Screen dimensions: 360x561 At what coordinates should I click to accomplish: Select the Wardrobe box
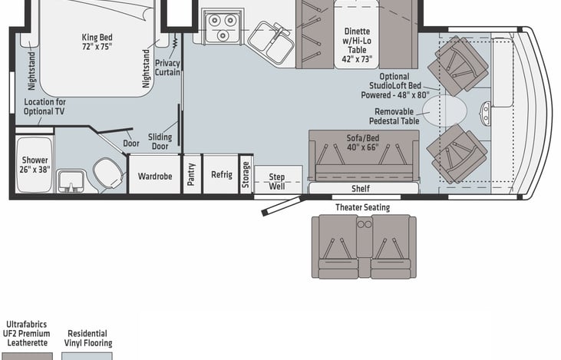point(154,175)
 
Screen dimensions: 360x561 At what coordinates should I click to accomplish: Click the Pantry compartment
point(192,175)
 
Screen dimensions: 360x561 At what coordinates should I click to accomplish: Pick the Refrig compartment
point(221,175)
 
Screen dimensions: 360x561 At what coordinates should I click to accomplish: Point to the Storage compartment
point(246,174)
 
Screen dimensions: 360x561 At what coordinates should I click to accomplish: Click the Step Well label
point(276,181)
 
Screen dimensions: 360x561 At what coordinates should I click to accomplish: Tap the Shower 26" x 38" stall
point(35,164)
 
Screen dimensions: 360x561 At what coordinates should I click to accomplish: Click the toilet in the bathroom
point(107,172)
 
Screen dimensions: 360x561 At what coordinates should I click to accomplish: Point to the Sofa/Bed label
point(363,143)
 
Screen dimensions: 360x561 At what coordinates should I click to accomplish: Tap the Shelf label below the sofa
point(360,189)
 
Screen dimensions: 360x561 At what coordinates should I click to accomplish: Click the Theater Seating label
point(362,207)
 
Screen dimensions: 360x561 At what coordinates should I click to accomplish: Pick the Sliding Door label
point(160,141)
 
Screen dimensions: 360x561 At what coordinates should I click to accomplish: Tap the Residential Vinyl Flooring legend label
point(89,339)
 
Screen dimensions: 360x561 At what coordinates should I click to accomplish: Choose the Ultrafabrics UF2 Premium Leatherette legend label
point(27,334)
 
